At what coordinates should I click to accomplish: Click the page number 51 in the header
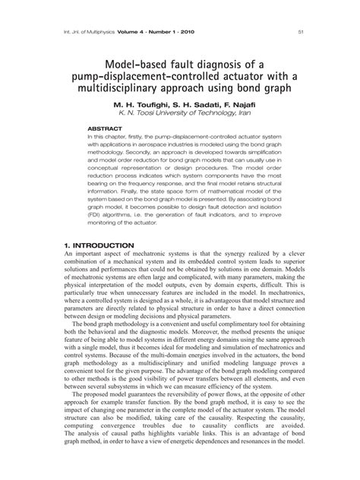(x=302, y=32)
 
